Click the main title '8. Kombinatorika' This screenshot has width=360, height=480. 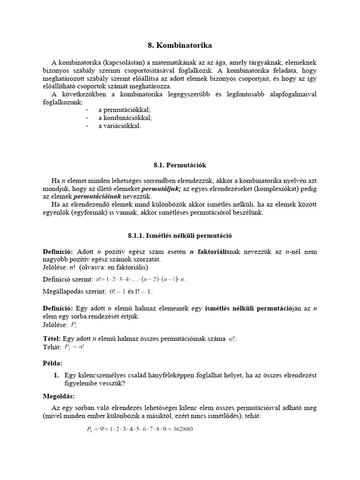point(180,45)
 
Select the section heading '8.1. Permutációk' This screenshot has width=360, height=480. point(180,165)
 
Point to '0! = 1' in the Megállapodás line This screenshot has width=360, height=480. point(115,292)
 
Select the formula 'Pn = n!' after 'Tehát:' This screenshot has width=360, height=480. point(75,347)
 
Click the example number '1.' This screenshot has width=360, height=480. point(56,375)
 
